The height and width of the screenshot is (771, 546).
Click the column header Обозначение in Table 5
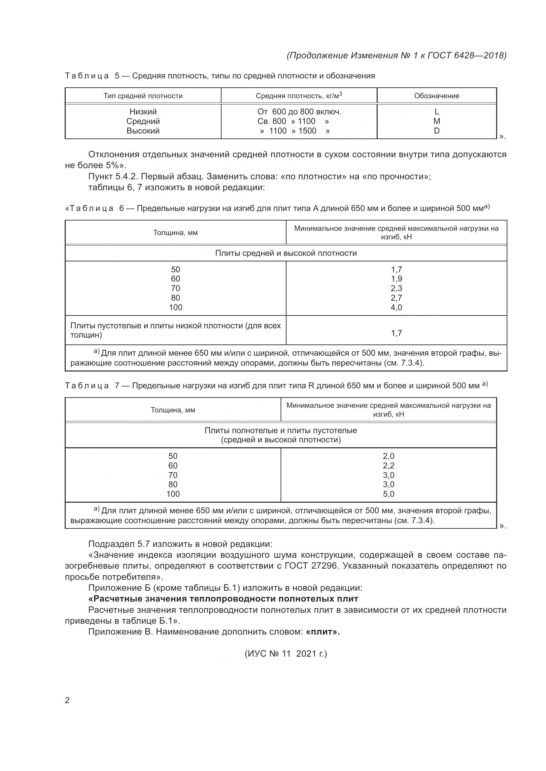pyautogui.click(x=436, y=96)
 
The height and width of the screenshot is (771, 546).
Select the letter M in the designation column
pyautogui.click(x=437, y=121)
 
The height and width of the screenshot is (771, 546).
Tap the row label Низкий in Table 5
pyautogui.click(x=143, y=112)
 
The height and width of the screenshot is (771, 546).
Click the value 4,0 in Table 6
pyautogui.click(x=396, y=307)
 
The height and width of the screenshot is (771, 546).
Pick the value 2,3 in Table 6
pyautogui.click(x=396, y=288)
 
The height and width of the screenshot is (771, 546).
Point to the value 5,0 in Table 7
pyautogui.click(x=388, y=494)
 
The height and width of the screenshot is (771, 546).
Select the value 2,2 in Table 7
pyautogui.click(x=388, y=466)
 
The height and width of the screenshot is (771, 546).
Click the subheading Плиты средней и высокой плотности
pyautogui.click(x=286, y=253)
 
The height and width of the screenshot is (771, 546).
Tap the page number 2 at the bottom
pyautogui.click(x=67, y=700)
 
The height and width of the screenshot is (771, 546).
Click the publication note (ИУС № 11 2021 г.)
pyautogui.click(x=286, y=653)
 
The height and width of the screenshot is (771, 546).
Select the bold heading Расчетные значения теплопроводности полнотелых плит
pyautogui.click(x=223, y=599)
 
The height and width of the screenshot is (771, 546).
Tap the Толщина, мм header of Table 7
pyautogui.click(x=173, y=410)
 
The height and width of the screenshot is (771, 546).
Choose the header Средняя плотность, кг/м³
pyautogui.click(x=299, y=96)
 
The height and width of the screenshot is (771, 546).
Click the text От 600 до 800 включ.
pyautogui.click(x=299, y=112)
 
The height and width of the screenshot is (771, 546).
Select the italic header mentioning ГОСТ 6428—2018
pyautogui.click(x=396, y=55)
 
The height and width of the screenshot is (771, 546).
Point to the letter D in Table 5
pyautogui.click(x=437, y=131)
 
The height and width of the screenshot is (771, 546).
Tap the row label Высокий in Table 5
pyautogui.click(x=143, y=131)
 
